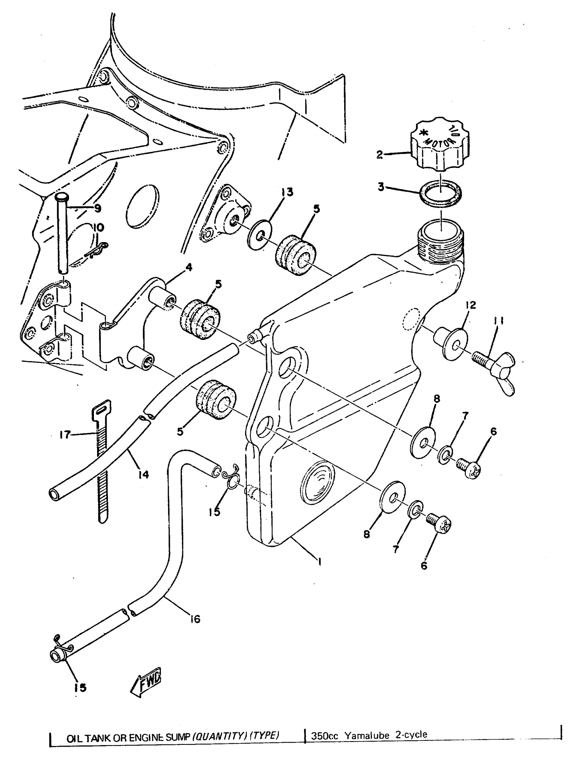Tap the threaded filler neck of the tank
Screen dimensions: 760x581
440,242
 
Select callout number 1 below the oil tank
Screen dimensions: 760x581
320,562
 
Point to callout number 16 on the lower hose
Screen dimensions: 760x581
195,619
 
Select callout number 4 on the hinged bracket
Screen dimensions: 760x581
188,267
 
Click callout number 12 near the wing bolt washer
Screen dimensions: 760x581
471,305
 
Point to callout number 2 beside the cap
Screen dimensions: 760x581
380,155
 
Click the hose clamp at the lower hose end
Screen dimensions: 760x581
62,647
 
